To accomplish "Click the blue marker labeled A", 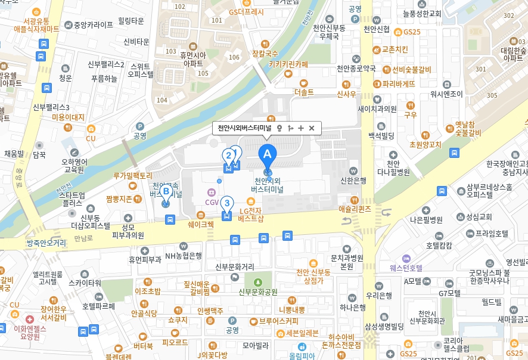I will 267,154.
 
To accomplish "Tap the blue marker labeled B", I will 166,192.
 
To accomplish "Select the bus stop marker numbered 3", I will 226,203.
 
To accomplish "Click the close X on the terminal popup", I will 312,128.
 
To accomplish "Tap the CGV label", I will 212,203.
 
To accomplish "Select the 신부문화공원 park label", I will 258,292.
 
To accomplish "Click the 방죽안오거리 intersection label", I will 46,243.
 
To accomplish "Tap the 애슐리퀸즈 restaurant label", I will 355,209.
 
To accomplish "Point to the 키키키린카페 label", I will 288,64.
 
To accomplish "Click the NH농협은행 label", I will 184,256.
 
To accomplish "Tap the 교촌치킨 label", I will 395,49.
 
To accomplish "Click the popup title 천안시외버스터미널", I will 244,128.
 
